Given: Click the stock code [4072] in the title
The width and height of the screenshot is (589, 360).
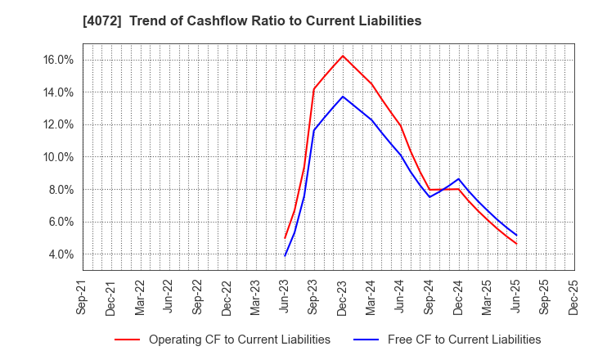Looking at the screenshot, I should click(x=100, y=21).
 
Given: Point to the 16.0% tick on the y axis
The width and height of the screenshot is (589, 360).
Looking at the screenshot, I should click(x=57, y=60).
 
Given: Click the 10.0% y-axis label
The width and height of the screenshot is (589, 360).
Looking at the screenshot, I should click(x=57, y=157).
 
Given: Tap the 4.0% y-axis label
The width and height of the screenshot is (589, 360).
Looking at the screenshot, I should click(x=60, y=254).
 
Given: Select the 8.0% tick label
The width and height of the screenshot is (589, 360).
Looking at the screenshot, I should click(x=60, y=190).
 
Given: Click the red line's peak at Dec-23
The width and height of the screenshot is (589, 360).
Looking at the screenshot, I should click(x=343, y=56).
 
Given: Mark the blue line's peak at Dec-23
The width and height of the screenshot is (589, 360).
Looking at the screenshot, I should click(x=343, y=97).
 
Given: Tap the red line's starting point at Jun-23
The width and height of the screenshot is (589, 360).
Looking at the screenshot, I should click(x=285, y=238).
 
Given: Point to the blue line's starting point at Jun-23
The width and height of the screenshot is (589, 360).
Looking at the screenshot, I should click(x=285, y=256).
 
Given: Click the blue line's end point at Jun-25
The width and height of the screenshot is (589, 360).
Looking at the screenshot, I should click(x=516, y=236).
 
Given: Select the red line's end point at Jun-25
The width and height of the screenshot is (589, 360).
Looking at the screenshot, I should click(x=516, y=244).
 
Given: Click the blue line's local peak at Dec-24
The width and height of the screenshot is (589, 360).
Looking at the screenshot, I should click(x=458, y=179).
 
